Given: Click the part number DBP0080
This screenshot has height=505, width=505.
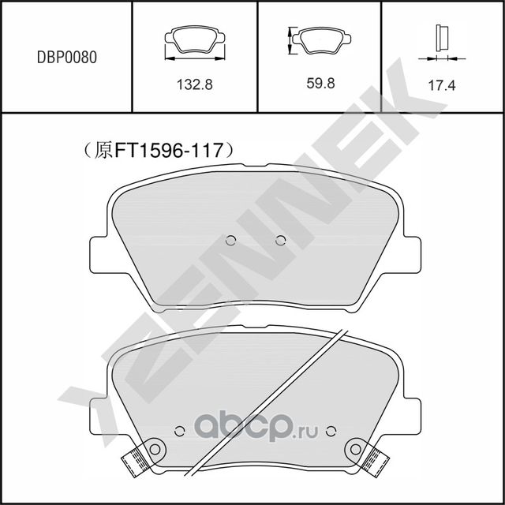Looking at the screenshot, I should [67, 57].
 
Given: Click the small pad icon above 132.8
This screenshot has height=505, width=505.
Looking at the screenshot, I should [194, 41].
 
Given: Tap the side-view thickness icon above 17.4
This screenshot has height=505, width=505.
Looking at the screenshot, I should [442, 38].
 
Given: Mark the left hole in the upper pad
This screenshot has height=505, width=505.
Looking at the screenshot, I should [230, 241].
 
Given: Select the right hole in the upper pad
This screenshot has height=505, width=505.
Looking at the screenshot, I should [280, 241].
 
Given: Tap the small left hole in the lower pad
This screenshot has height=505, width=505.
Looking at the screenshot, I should [178, 430].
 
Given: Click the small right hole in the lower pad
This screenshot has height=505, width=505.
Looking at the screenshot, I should [331, 430].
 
